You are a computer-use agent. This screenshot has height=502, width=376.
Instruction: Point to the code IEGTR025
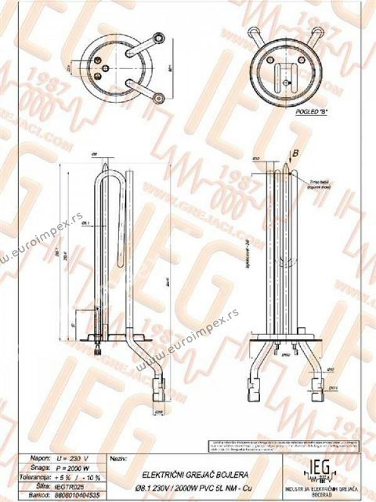[70, 485]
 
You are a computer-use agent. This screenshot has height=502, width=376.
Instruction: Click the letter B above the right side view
[296, 152]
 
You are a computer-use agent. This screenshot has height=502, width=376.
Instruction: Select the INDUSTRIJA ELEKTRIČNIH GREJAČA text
[321, 488]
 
